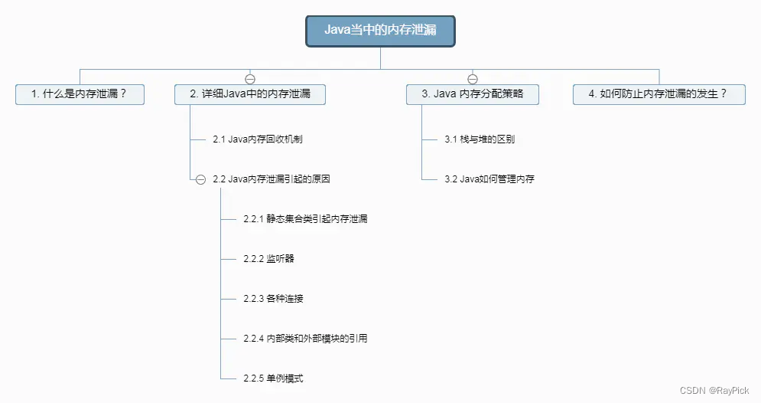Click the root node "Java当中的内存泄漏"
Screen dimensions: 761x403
pos(381,31)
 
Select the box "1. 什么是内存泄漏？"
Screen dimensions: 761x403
pos(80,94)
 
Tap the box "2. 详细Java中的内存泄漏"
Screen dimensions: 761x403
pos(250,94)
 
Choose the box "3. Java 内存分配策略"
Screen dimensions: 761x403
pos(472,94)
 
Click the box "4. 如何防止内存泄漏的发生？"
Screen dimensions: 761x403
pos(659,94)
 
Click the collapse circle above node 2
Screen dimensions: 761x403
pos(250,79)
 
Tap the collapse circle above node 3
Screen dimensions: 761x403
pos(473,79)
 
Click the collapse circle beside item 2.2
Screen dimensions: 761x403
pos(200,180)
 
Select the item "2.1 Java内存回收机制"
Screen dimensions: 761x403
pos(257,139)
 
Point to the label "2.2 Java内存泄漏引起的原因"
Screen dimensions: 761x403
pos(272,179)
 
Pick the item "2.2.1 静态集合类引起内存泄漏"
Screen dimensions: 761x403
pos(305,219)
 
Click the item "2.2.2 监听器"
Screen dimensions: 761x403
pos(269,259)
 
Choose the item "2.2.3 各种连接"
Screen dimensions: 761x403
pos(273,299)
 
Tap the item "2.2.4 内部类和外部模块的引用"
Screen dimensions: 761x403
pos(305,339)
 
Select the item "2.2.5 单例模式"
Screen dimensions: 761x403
pos(273,378)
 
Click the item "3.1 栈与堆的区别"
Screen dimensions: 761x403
pos(480,139)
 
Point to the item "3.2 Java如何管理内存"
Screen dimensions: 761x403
pos(489,179)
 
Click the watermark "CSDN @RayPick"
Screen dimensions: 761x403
pos(714,391)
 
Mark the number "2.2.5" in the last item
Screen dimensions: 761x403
pos(254,378)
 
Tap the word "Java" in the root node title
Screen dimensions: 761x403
pos(337,30)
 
